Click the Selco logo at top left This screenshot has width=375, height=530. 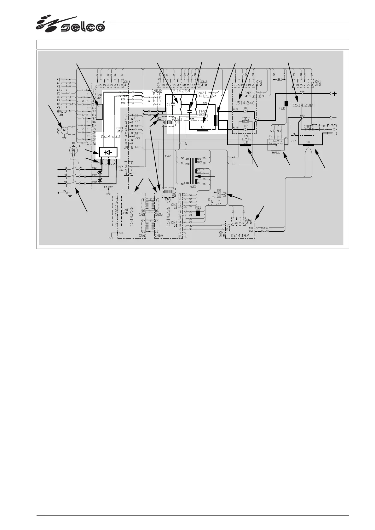71,24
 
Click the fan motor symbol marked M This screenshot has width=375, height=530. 64,130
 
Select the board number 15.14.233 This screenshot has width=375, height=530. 110,136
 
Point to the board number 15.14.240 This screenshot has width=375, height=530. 244,103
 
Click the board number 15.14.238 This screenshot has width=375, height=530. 303,105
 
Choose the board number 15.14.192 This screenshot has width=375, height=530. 239,235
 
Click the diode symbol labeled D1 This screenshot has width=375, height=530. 246,111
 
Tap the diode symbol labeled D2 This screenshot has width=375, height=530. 246,129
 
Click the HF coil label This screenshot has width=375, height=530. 309,142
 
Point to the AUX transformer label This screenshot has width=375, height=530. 193,186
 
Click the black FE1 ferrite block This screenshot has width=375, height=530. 199,213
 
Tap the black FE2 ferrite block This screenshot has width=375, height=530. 286,104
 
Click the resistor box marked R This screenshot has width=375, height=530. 279,80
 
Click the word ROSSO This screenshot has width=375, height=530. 264,228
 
